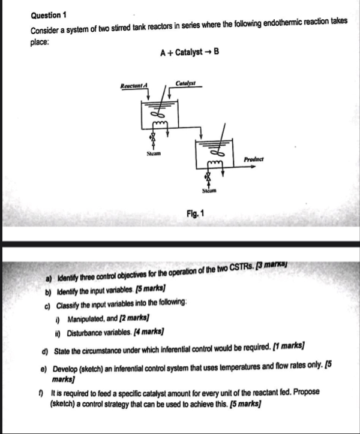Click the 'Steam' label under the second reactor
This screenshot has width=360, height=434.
pos(209,193)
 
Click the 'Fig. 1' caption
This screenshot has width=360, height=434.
pos(195,213)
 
